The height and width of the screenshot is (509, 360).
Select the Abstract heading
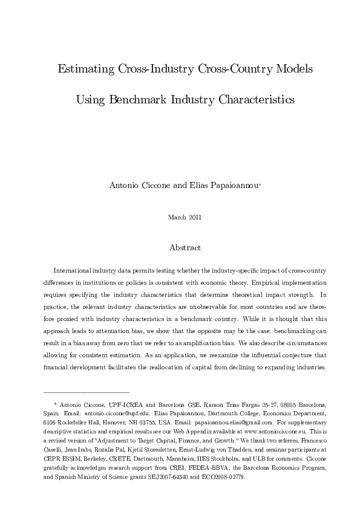(x=185, y=248)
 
